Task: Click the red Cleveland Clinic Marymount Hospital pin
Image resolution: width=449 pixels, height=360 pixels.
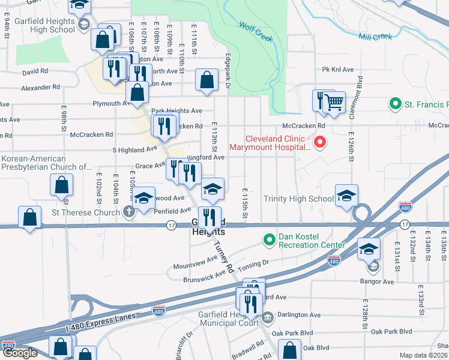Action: tap(320, 142)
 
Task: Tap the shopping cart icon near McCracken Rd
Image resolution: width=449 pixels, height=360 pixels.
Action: tap(334, 101)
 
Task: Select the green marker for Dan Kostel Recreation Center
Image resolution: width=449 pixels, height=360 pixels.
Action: tap(269, 240)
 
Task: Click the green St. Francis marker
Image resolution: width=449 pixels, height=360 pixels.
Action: tap(395, 104)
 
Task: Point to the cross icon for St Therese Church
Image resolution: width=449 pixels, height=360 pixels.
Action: tap(128, 212)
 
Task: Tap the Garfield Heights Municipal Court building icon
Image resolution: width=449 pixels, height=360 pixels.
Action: tap(268, 316)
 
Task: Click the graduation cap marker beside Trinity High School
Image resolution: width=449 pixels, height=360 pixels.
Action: tap(346, 197)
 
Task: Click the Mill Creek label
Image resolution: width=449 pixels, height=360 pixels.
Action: tap(375, 37)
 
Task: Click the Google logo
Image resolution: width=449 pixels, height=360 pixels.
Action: tap(20, 353)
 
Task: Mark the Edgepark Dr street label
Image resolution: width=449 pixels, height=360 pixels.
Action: tap(228, 73)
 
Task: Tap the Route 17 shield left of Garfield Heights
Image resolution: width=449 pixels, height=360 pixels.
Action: tap(171, 225)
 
